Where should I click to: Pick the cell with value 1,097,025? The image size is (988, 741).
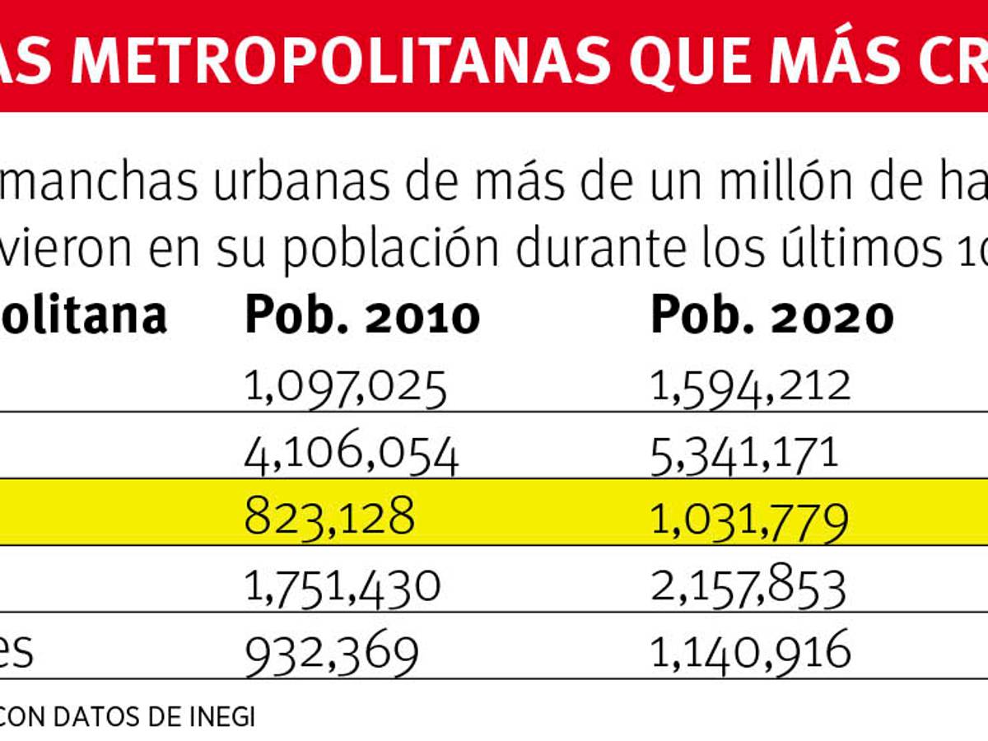(347, 387)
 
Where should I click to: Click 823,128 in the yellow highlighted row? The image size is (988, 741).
(329, 518)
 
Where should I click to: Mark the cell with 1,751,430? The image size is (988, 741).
(344, 587)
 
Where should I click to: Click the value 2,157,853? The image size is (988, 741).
(748, 587)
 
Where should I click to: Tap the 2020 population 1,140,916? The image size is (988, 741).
(750, 650)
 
